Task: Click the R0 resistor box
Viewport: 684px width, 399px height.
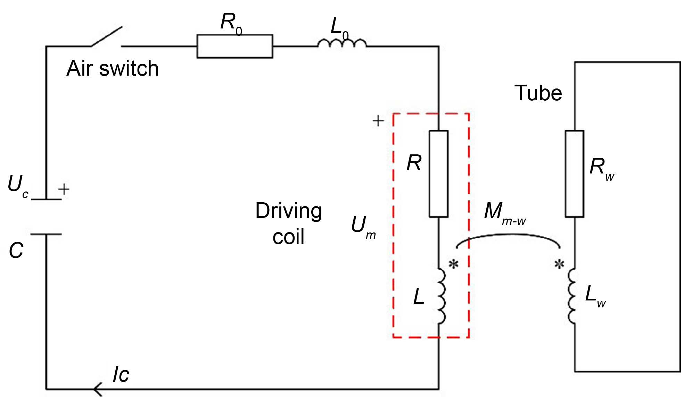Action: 234,46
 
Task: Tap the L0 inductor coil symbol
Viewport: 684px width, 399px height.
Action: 342,43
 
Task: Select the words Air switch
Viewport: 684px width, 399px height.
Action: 113,68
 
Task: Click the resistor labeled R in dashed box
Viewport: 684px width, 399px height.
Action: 438,174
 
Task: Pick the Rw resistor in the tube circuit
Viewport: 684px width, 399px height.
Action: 574,174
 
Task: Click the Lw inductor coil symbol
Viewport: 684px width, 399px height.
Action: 572,296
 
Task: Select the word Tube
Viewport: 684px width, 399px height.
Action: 538,93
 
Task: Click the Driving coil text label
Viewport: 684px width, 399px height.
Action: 288,223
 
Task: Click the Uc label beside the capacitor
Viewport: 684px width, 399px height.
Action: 18,186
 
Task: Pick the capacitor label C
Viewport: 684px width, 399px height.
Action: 16,250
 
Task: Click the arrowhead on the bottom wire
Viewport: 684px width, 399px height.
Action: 98,389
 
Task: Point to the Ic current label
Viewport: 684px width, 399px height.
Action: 121,375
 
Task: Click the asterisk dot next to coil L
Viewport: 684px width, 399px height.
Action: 453,265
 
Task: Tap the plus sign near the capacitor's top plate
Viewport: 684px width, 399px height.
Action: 64,189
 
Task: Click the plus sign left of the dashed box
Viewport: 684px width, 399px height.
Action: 378,121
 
